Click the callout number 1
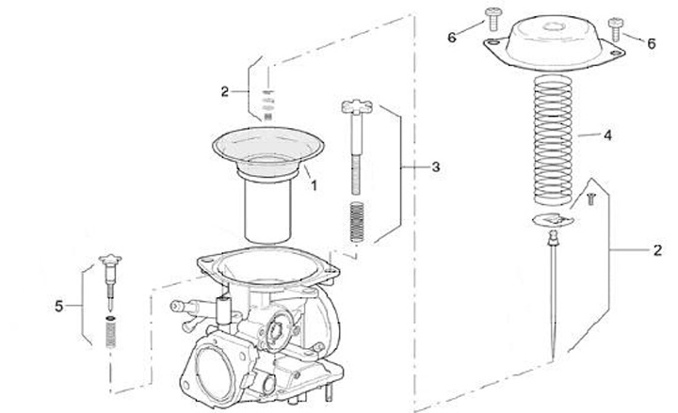point(314,185)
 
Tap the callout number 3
point(436,167)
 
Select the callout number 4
point(608,135)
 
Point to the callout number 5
point(58,307)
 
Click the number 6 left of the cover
point(452,38)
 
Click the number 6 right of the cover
point(652,43)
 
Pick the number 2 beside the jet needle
point(657,250)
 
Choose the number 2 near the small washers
point(224,91)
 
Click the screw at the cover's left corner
point(493,19)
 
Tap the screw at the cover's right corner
point(615,29)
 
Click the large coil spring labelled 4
point(553,140)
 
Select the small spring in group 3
point(357,222)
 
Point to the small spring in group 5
point(111,332)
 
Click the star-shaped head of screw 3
point(357,106)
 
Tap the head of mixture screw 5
point(110,260)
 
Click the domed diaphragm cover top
point(554,39)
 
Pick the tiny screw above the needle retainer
point(591,199)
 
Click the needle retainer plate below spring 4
point(553,220)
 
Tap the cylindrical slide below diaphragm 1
point(267,211)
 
